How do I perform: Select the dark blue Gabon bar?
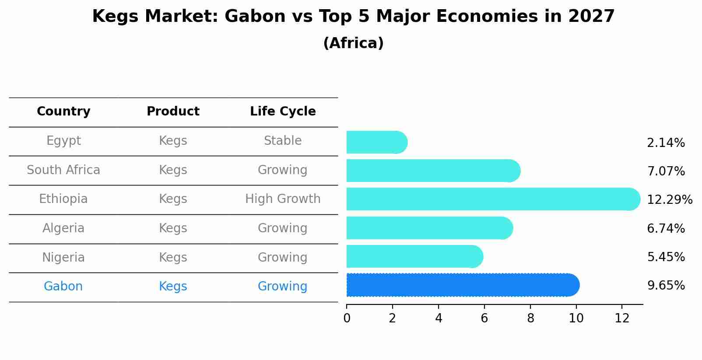(x=462, y=285)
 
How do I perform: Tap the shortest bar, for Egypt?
(x=376, y=142)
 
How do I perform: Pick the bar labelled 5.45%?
(x=414, y=256)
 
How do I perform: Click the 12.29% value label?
(x=669, y=200)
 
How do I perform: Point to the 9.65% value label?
(x=666, y=286)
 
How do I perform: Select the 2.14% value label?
(x=666, y=143)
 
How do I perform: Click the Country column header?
(x=63, y=112)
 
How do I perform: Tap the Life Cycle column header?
(x=283, y=112)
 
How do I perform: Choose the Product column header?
(x=173, y=112)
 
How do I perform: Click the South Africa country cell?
(x=63, y=170)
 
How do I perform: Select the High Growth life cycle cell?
(x=283, y=199)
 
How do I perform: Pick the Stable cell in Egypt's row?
(x=283, y=141)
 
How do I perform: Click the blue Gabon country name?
(x=63, y=287)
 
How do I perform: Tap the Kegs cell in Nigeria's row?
(x=173, y=257)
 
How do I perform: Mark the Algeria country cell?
(x=63, y=228)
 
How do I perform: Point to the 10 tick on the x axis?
(x=576, y=318)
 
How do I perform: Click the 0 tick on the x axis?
(x=347, y=318)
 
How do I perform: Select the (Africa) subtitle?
(x=353, y=43)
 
